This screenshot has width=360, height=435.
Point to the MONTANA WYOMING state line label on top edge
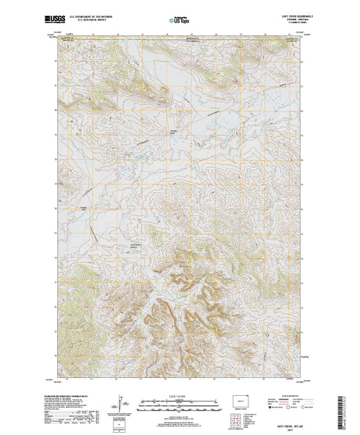[x=191, y=38]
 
